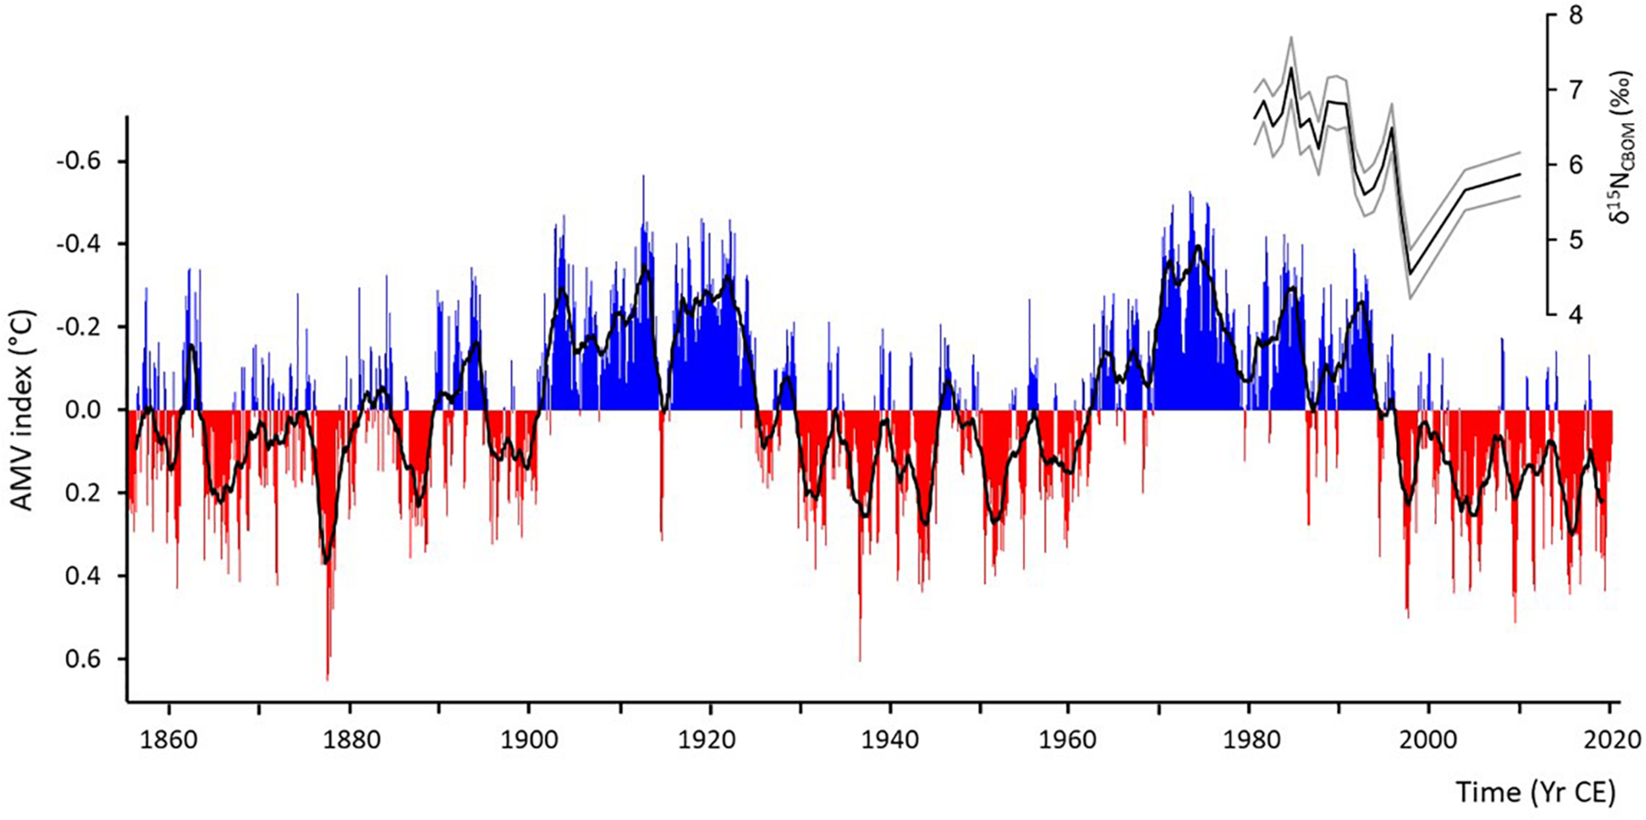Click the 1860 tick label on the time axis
point(169,740)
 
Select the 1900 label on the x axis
point(529,740)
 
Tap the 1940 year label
point(889,740)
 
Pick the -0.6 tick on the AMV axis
point(78,161)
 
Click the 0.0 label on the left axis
point(83,410)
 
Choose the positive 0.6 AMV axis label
point(83,659)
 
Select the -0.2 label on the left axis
point(78,327)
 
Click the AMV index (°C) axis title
point(22,410)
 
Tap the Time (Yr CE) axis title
point(1535,792)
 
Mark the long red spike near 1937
point(860,659)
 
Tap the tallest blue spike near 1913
point(643,177)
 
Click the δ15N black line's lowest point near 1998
point(1410,274)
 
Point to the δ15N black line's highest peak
point(1291,68)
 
